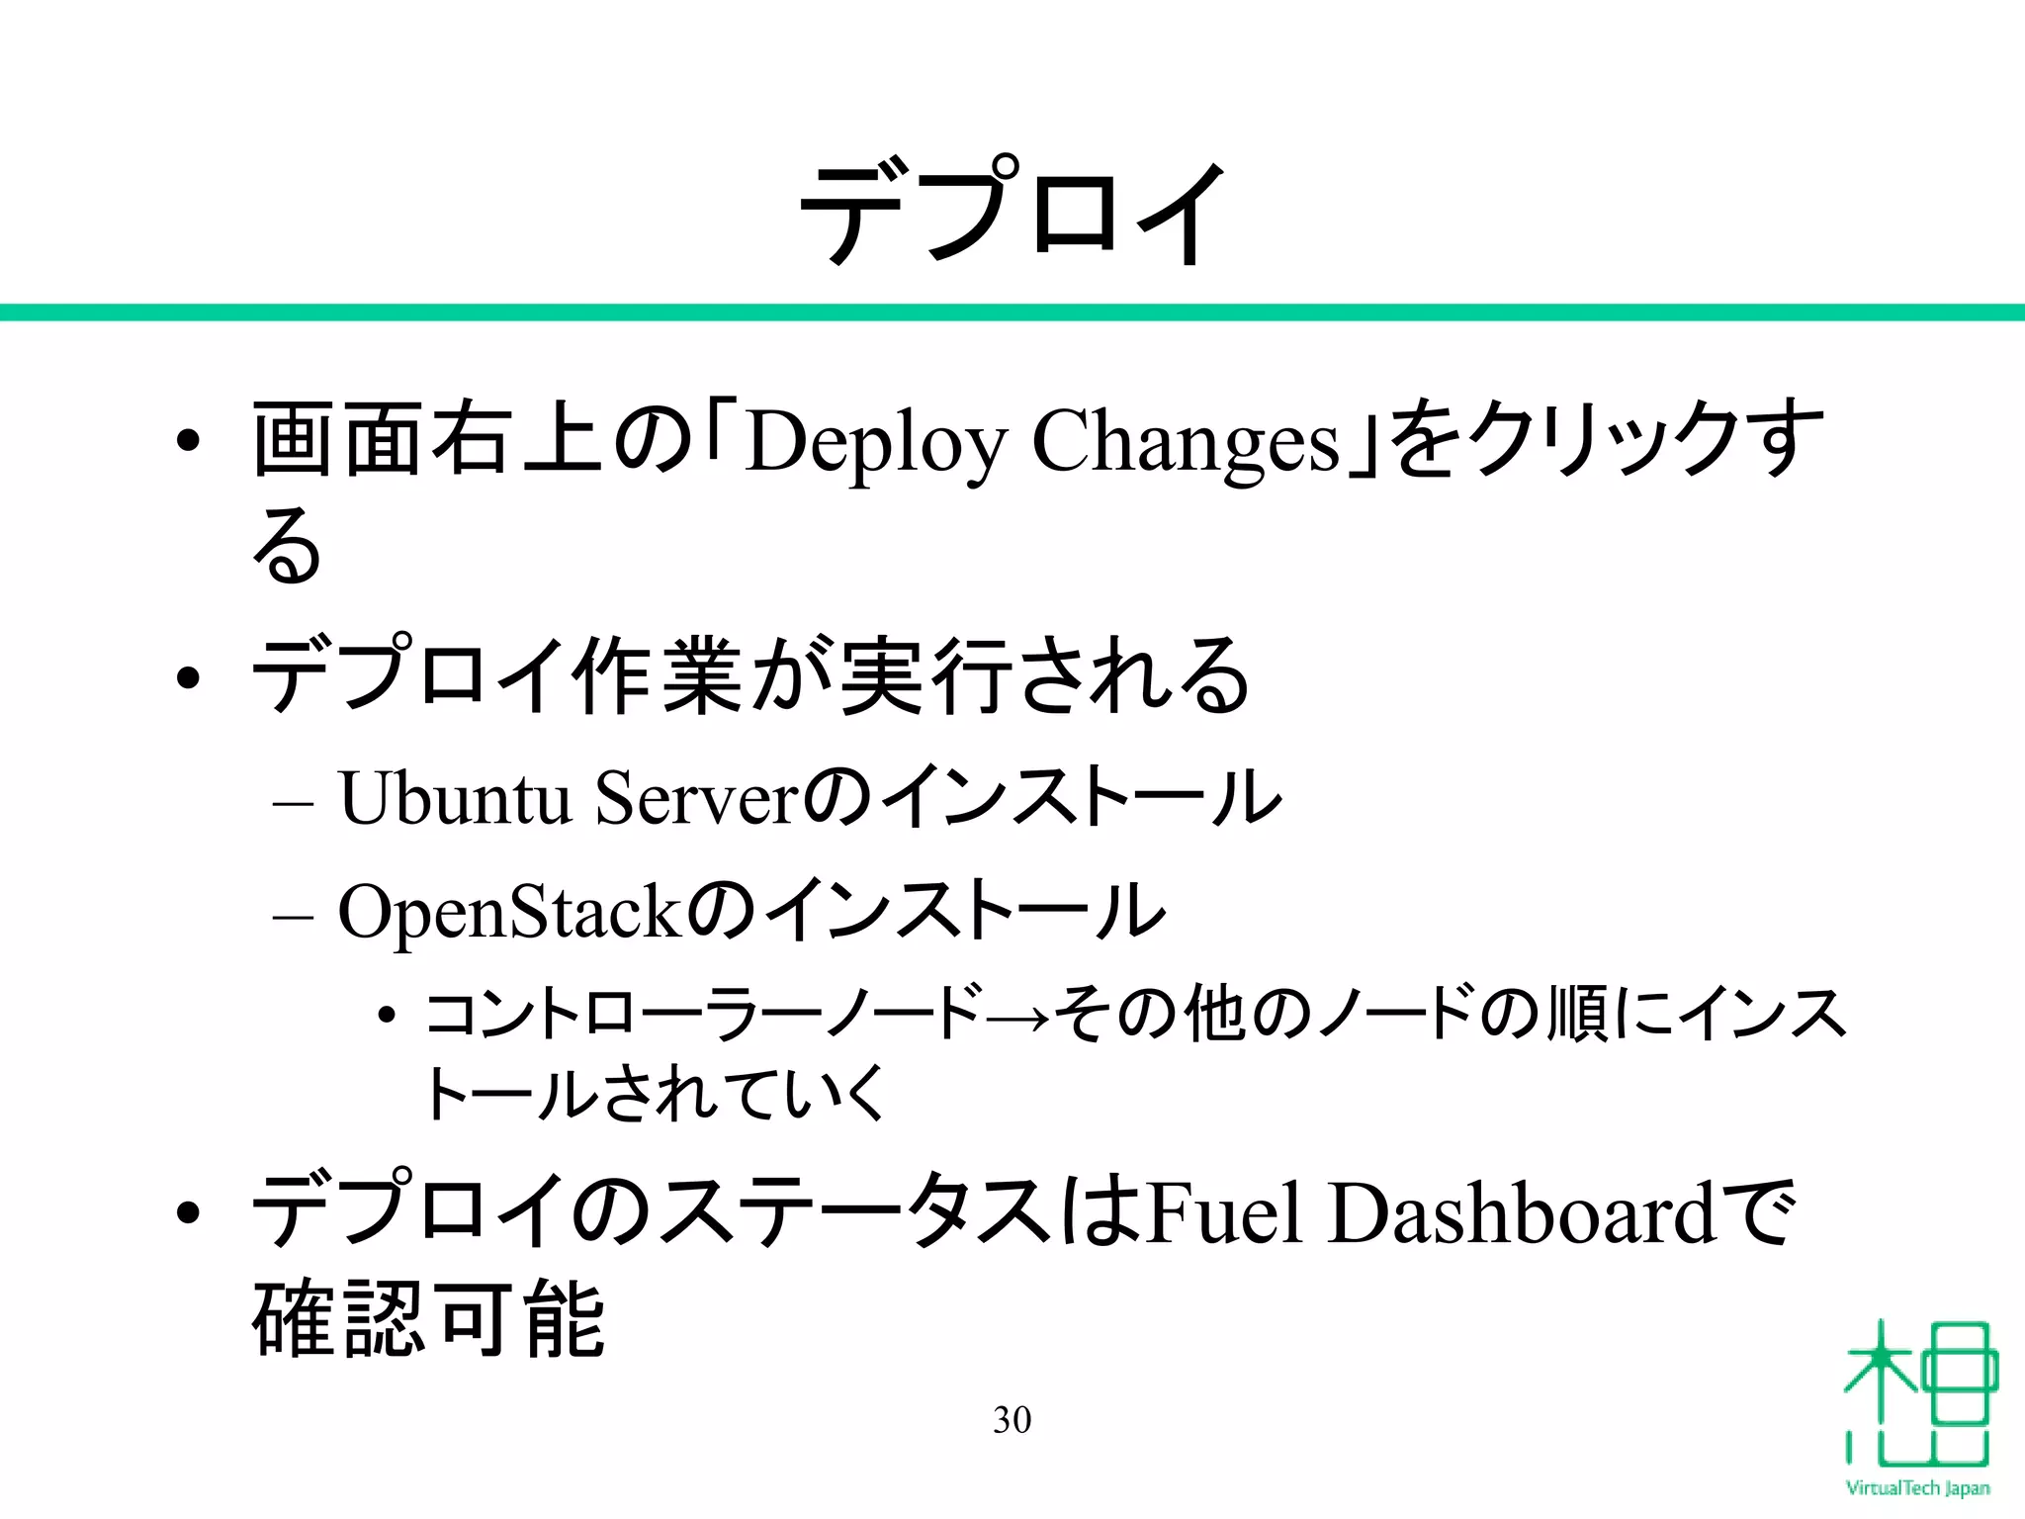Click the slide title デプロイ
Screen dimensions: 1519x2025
click(x=1012, y=213)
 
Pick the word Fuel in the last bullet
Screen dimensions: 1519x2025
click(x=1225, y=1213)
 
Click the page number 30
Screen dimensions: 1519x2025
click(x=1012, y=1420)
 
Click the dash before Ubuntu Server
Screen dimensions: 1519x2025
click(x=293, y=803)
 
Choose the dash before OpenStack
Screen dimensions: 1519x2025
click(x=293, y=917)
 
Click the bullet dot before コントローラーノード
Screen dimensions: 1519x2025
click(x=388, y=1017)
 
